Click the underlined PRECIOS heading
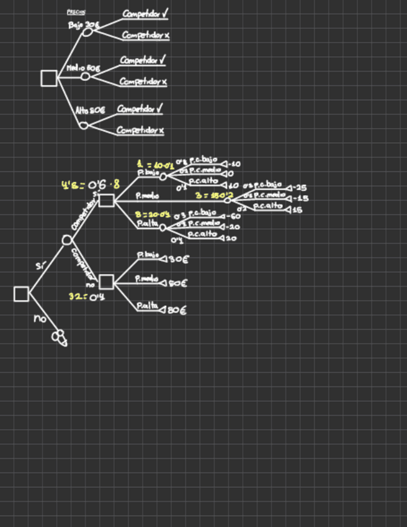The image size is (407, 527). pyautogui.click(x=76, y=12)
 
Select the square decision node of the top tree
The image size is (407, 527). pyautogui.click(x=48, y=78)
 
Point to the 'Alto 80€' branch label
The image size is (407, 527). pyautogui.click(x=91, y=110)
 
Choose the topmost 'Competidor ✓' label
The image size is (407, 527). pyautogui.click(x=146, y=13)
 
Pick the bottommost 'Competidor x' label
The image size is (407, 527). pyautogui.click(x=140, y=131)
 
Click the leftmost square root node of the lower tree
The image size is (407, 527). pyautogui.click(x=22, y=294)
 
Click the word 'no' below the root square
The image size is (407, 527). pyautogui.click(x=40, y=319)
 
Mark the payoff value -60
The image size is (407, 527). pyautogui.click(x=235, y=217)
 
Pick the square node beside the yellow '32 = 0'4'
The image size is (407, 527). pyautogui.click(x=106, y=282)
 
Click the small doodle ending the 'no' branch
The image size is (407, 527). pyautogui.click(x=59, y=337)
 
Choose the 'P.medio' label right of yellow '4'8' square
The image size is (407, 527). pyautogui.click(x=148, y=196)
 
